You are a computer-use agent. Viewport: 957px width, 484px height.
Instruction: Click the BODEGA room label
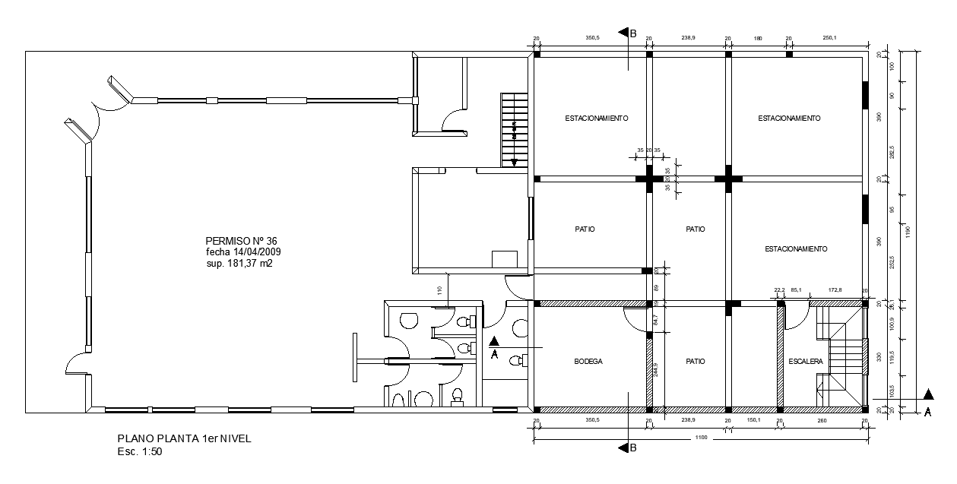coord(588,362)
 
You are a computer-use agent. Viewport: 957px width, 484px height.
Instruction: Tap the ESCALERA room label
coord(806,362)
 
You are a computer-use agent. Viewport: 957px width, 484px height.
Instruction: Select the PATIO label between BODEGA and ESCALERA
coord(695,362)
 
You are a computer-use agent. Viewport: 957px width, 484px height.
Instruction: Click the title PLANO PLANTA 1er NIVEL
coord(183,439)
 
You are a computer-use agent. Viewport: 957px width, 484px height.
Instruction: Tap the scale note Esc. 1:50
coord(140,451)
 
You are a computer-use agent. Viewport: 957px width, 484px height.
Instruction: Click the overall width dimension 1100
coord(699,437)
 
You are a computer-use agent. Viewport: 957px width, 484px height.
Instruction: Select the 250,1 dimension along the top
coord(829,38)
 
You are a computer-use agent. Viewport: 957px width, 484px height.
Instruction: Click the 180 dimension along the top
coord(758,38)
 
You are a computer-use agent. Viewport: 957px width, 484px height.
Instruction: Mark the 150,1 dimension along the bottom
coord(754,420)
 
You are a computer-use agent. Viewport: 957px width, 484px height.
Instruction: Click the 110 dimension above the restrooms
coord(439,289)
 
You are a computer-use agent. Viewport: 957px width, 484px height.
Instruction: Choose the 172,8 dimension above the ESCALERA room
coord(835,289)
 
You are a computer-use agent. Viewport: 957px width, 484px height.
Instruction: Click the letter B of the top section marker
coord(632,33)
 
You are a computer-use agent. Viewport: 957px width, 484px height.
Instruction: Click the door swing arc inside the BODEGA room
coord(633,320)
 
